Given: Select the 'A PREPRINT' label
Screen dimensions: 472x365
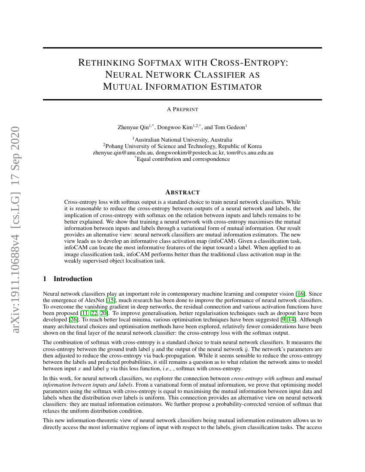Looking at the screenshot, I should (x=182, y=109).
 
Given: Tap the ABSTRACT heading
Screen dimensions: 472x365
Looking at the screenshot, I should (x=182, y=192).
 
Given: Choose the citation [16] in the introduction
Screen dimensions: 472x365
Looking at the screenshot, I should (x=301, y=294).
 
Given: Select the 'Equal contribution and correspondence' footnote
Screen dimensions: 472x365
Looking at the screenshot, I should (x=183, y=159).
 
